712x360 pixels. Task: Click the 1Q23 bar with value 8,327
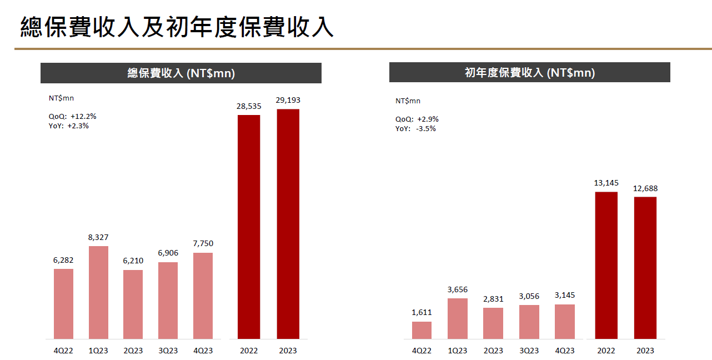[98, 292]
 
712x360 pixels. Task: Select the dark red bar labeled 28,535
[249, 227]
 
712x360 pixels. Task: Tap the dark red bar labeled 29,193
[288, 224]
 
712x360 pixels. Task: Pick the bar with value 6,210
[133, 304]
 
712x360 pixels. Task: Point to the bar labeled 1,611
[422, 330]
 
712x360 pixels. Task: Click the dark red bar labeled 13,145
[606, 265]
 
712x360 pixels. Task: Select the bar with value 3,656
[457, 318]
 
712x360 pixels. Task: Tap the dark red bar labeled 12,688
[645, 268]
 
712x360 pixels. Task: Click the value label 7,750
[203, 243]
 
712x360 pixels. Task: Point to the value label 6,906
[168, 253]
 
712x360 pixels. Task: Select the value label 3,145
[565, 295]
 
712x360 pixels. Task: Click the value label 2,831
[493, 299]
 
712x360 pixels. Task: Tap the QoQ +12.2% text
[73, 117]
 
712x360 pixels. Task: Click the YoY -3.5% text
[415, 128]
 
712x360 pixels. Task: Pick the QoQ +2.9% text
[417, 119]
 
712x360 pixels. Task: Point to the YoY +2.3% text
[69, 126]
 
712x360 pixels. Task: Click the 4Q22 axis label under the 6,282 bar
[63, 351]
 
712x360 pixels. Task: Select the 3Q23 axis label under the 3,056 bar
[529, 351]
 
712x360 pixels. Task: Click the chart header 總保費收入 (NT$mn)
[181, 73]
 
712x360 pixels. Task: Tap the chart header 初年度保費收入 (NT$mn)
[529, 73]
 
